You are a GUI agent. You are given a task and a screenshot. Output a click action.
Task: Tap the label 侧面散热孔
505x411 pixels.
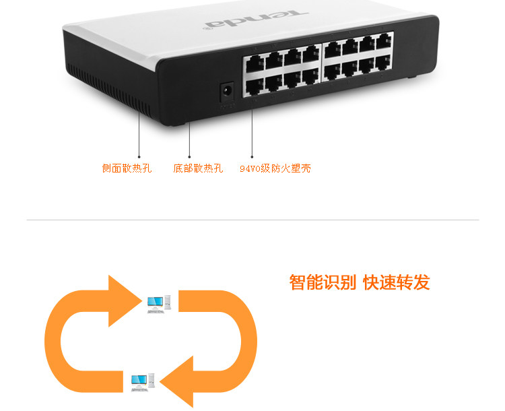tap(127, 168)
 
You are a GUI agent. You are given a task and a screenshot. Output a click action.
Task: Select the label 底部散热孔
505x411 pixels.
tap(198, 168)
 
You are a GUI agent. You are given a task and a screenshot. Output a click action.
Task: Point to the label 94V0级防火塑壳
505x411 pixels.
tap(275, 168)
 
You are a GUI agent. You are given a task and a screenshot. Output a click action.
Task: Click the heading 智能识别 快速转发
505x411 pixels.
tap(360, 282)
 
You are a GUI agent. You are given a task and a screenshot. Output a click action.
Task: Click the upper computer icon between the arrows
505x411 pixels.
tap(159, 303)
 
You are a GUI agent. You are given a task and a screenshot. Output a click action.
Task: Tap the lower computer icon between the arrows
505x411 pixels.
tap(143, 382)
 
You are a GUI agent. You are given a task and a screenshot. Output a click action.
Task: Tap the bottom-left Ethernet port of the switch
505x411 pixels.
tap(255, 86)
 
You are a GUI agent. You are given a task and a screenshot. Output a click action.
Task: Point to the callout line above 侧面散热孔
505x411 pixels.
tap(139, 135)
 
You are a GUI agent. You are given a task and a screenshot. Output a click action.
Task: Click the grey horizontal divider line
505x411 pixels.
tap(252, 220)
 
